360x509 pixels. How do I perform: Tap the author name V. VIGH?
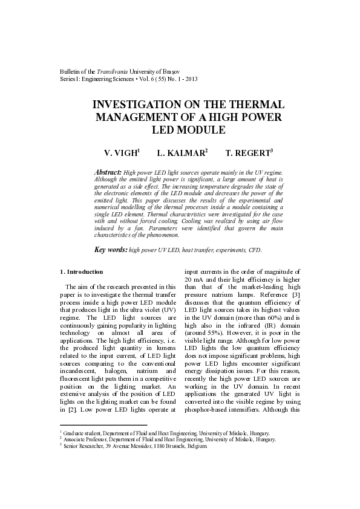tap(121, 154)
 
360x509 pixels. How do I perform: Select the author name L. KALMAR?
tap(180, 154)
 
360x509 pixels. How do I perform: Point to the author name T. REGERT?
tap(247, 154)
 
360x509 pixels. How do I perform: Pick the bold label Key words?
tap(111, 249)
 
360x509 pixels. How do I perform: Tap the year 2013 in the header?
tap(190, 79)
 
